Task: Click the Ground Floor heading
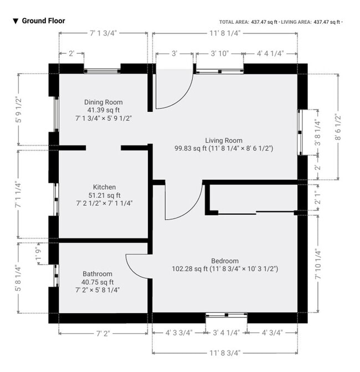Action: point(43,21)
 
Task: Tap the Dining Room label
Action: point(104,102)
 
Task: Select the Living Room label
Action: point(224,141)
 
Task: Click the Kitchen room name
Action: point(104,187)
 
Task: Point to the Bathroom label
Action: point(97,274)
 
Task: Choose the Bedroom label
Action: point(225,261)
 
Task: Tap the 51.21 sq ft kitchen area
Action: point(104,195)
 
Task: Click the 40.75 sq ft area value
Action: point(97,282)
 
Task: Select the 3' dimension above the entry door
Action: point(174,54)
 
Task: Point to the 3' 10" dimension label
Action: point(219,54)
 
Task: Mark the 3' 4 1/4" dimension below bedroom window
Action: point(225,333)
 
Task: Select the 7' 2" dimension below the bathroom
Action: point(104,333)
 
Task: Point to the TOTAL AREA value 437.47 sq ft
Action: point(264,22)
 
